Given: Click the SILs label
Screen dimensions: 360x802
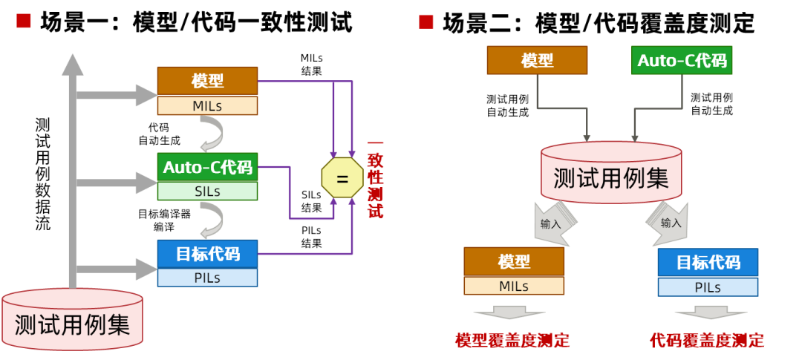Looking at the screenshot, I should point(207,191).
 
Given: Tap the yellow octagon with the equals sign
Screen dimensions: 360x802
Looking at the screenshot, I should point(342,178).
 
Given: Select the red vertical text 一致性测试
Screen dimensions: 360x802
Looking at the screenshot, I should point(376,179).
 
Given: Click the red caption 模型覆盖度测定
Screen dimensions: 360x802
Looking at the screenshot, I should point(512,341).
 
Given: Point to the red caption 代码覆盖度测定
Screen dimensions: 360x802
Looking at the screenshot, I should point(706,341).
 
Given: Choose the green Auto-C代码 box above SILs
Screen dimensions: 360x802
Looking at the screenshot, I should point(207,167).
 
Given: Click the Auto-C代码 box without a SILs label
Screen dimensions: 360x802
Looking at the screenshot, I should point(681,60).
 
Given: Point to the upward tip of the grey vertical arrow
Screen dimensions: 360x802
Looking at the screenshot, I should point(72,59).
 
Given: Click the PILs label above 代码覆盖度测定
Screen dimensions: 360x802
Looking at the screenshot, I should point(708,287).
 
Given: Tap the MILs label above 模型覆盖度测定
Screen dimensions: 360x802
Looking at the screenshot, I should point(514,286).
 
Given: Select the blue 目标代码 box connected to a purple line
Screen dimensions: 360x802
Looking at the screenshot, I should point(207,254).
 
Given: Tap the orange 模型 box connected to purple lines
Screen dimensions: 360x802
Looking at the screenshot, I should point(207,81).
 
